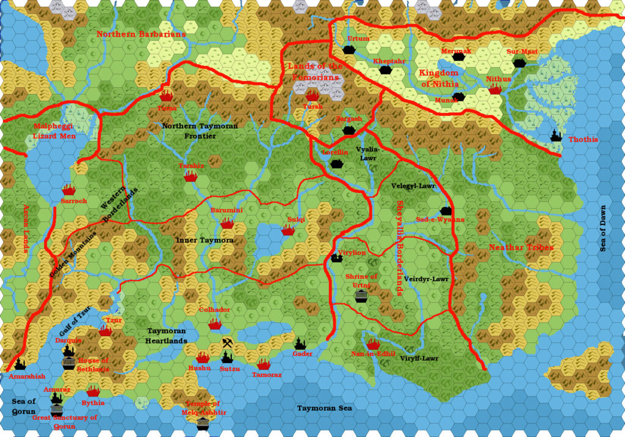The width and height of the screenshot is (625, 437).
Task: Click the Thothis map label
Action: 583,139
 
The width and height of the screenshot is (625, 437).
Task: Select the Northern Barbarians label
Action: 141,34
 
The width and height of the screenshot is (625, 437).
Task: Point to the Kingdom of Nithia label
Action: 438,78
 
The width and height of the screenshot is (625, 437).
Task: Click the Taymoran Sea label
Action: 324,408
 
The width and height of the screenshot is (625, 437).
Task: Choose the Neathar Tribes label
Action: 521,248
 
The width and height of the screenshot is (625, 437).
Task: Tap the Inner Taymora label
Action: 204,240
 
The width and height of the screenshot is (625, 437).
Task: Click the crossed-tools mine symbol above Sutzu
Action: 227,343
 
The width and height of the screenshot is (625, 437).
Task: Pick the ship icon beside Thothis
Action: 556,135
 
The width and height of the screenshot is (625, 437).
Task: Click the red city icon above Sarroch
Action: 68,190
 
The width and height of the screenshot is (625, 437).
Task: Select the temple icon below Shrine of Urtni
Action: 361,296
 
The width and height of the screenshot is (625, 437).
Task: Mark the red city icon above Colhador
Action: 214,323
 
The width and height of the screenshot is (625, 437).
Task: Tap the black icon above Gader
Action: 300,344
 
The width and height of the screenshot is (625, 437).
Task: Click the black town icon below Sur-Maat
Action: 519,63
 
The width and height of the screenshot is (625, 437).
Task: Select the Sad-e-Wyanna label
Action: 440,220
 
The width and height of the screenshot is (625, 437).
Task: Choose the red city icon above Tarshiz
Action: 191,176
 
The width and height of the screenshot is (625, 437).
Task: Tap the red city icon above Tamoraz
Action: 263,364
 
